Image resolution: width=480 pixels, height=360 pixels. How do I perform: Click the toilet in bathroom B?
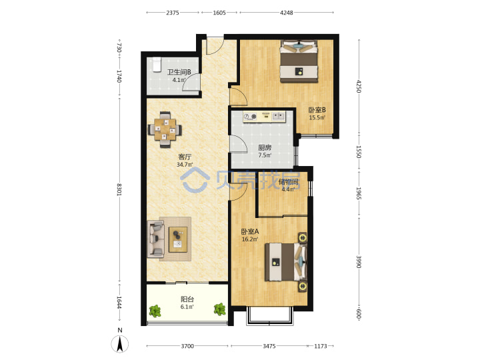tap(157, 64)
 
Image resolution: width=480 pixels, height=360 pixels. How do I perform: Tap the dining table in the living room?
tap(165, 129)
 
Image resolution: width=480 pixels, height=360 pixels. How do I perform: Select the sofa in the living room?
tap(156, 239)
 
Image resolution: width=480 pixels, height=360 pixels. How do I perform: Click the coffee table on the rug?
tap(178, 239)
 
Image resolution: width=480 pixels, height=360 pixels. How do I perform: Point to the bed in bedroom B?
tap(299, 61)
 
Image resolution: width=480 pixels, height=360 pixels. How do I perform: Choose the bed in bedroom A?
tap(286, 262)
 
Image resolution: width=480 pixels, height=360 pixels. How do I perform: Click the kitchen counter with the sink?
tap(264, 117)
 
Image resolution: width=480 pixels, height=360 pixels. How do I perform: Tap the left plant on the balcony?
tap(155, 311)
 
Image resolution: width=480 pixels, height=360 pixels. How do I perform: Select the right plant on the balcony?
tap(219, 309)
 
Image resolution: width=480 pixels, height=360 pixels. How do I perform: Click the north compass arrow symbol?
tap(120, 344)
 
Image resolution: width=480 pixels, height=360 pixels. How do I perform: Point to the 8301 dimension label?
tap(119, 190)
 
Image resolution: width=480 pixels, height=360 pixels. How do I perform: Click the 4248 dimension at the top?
tap(286, 13)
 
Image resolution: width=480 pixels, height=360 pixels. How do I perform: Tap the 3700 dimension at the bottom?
tap(187, 346)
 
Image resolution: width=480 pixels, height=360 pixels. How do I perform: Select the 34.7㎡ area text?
tap(185, 165)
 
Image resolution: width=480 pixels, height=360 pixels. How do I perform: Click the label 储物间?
tap(289, 182)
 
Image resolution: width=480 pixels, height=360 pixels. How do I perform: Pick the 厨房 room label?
tap(265, 147)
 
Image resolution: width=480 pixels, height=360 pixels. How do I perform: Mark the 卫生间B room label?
tap(179, 72)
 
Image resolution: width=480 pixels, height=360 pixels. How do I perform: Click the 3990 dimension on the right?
tap(359, 262)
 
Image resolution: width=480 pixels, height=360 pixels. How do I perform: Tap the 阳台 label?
tap(187, 299)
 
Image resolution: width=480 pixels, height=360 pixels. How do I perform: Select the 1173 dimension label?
tap(321, 346)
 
